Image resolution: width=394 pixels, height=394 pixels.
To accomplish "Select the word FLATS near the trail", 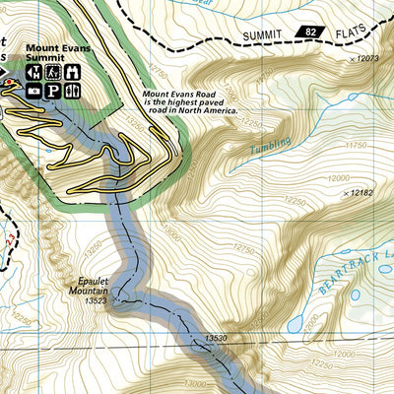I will coord(325,36).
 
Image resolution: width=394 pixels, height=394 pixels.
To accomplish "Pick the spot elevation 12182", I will coord(362,192).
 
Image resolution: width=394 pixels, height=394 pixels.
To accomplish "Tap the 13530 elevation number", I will coord(216,338).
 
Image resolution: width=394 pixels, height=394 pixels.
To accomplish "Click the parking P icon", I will coord(53,91).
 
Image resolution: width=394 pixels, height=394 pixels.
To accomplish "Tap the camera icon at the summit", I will coord(34,91).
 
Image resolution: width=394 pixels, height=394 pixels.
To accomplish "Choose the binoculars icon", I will coord(72,72).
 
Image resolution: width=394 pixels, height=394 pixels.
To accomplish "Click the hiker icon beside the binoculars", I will coord(53,72).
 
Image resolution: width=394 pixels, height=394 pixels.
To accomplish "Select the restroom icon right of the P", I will coord(73,91).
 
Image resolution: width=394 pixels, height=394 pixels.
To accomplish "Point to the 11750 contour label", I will coord(355,145).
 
